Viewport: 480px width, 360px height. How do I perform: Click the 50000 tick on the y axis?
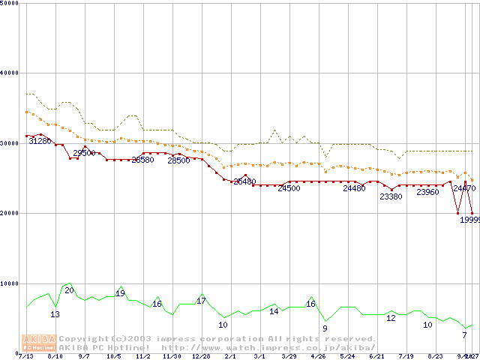(x=10, y=4)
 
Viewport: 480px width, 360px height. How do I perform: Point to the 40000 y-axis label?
(x=10, y=73)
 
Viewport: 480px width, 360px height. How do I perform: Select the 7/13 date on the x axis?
(x=25, y=356)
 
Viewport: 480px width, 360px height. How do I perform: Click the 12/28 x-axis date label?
(x=201, y=356)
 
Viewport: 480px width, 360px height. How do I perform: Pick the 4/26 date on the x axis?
(x=318, y=356)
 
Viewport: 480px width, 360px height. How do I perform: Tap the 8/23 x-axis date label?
(x=435, y=356)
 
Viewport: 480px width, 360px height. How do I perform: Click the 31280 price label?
(x=40, y=141)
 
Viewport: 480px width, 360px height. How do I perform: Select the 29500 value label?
(x=84, y=153)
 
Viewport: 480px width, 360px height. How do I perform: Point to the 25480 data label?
(x=244, y=181)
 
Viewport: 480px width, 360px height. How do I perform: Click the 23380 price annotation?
(x=391, y=196)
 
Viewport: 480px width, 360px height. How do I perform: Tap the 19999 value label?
(x=469, y=219)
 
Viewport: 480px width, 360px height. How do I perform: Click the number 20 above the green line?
(x=69, y=290)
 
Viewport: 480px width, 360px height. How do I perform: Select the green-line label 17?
(x=201, y=301)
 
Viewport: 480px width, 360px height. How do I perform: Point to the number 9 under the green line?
(x=325, y=328)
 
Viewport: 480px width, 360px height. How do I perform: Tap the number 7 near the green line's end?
(x=464, y=335)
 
